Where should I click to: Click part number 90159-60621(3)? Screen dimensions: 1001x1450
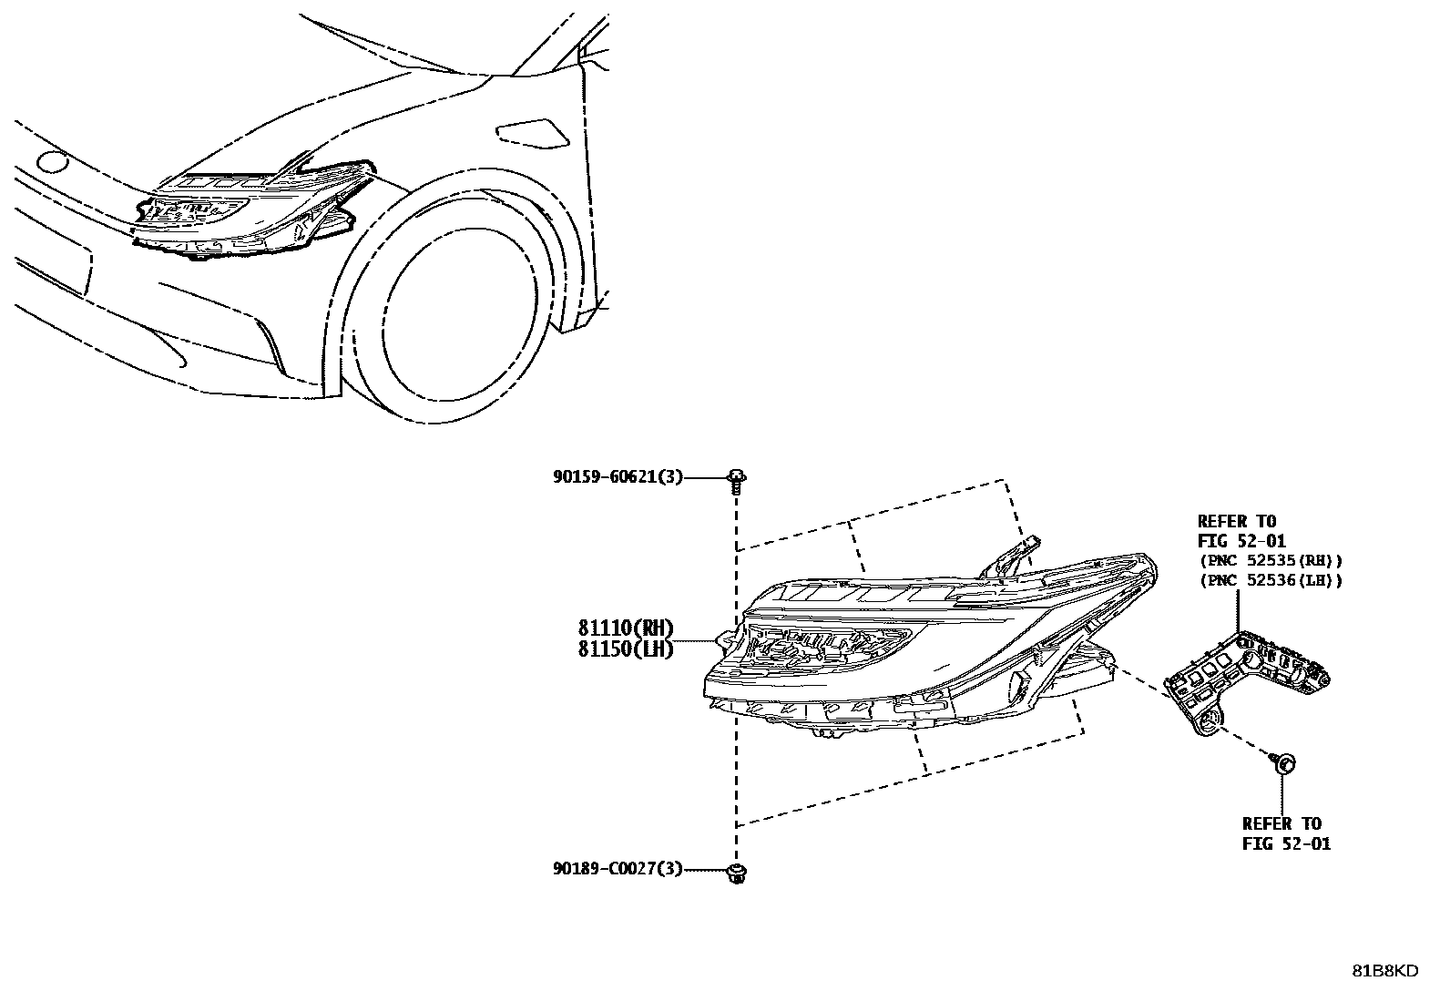click(x=617, y=476)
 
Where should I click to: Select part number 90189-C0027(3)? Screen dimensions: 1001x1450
click(x=617, y=870)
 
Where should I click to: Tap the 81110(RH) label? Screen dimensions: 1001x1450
click(x=624, y=628)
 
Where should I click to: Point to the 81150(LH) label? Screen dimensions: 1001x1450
click(x=624, y=649)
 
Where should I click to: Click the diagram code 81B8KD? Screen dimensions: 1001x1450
click(x=1384, y=971)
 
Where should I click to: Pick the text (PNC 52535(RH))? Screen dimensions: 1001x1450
click(x=1271, y=561)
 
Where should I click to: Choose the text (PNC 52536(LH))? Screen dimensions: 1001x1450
click(x=1271, y=580)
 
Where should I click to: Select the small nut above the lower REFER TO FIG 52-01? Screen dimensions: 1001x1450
click(x=1284, y=763)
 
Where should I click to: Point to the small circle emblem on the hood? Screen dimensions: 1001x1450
click(x=52, y=163)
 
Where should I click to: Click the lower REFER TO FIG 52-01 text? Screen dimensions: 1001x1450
click(x=1286, y=833)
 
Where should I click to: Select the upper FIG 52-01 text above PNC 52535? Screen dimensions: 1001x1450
click(x=1241, y=541)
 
